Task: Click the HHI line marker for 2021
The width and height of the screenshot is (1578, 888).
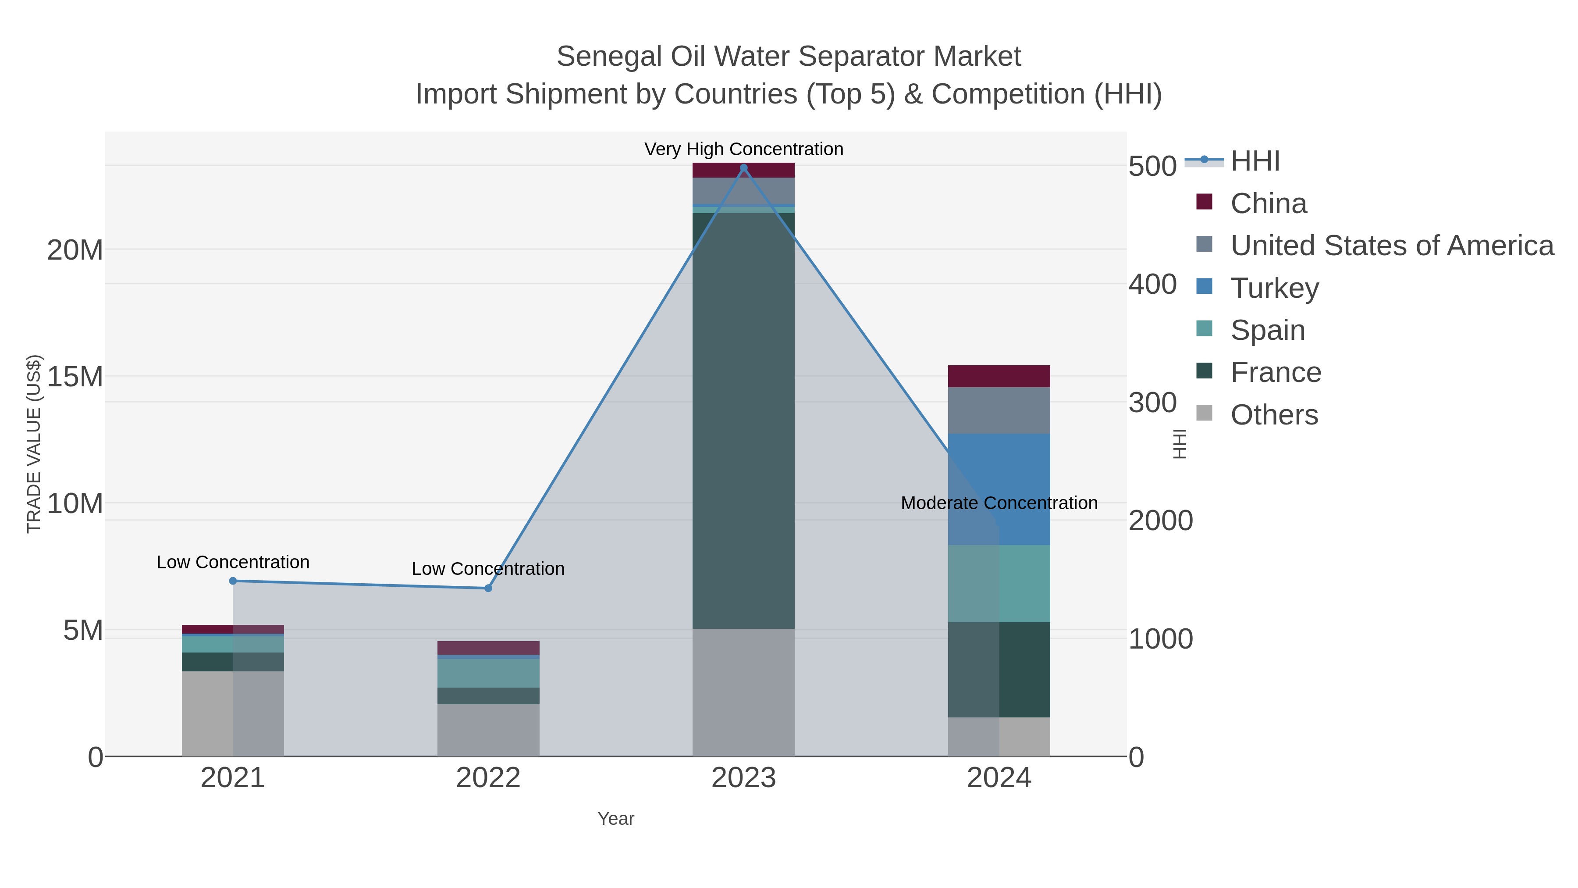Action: point(233,580)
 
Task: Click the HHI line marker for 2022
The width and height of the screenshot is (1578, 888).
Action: point(488,588)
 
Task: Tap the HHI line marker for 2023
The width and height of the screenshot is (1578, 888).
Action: point(744,168)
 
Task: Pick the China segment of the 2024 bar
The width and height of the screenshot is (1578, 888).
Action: point(999,376)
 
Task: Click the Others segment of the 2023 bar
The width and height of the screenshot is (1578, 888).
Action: point(744,692)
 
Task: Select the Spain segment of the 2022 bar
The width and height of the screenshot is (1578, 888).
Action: point(488,673)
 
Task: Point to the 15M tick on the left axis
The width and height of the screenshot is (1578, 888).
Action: point(75,377)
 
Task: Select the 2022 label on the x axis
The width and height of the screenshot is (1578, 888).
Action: point(488,777)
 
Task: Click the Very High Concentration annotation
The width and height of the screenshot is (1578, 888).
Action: point(744,149)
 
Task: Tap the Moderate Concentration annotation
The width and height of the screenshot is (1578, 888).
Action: point(999,503)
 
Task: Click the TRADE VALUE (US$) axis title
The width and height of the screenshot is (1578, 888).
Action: point(34,444)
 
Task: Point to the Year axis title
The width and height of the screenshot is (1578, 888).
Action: point(616,818)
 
